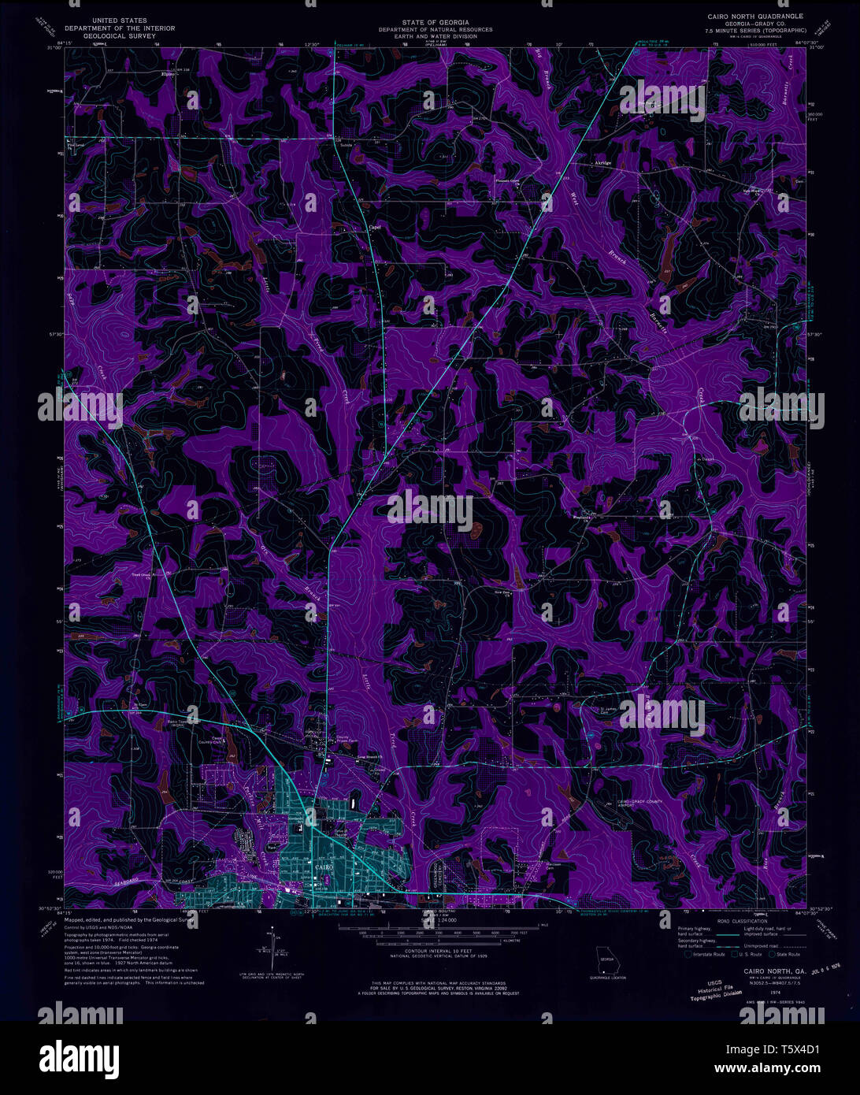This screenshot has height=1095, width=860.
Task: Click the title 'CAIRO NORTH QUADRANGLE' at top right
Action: coord(754,15)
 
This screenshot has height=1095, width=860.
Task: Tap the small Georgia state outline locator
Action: coord(606,963)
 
